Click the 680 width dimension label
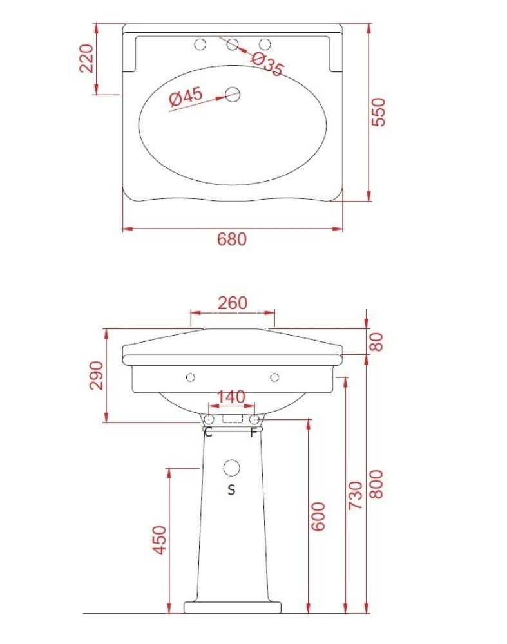pyautogui.click(x=232, y=239)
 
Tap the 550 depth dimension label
pyautogui.click(x=378, y=111)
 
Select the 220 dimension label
pyautogui.click(x=87, y=59)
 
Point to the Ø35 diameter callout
pyautogui.click(x=267, y=64)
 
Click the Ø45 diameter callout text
pyautogui.click(x=186, y=97)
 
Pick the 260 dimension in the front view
pyautogui.click(x=233, y=303)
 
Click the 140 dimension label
pyautogui.click(x=231, y=397)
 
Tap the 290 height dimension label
pyautogui.click(x=97, y=375)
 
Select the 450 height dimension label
pyautogui.click(x=160, y=540)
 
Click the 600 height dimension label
pyautogui.click(x=318, y=516)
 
